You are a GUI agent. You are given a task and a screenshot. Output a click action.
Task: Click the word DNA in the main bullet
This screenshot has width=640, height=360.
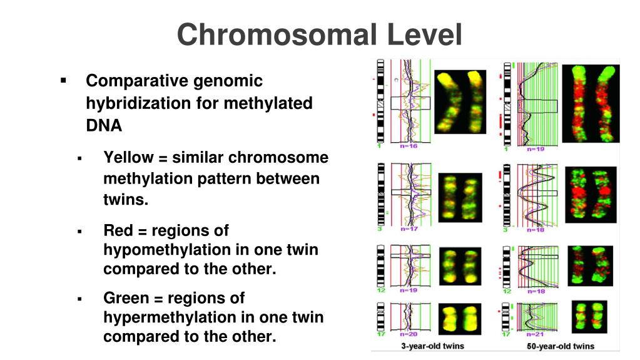coord(104,125)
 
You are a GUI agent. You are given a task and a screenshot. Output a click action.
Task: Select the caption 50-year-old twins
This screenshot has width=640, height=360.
coord(561,346)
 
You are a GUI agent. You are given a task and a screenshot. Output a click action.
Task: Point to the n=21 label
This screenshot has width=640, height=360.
coord(536,335)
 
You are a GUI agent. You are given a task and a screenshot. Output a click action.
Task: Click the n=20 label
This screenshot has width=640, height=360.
coord(409,335)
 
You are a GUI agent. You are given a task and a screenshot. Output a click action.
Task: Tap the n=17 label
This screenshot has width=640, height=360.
coord(409,229)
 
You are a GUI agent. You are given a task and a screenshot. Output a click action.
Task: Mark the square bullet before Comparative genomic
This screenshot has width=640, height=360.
coord(63,81)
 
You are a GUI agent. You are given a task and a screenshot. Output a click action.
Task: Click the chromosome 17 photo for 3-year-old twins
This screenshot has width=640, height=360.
coord(460,317)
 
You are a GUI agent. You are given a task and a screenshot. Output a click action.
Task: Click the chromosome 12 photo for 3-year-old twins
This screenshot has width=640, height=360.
coord(460,266)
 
